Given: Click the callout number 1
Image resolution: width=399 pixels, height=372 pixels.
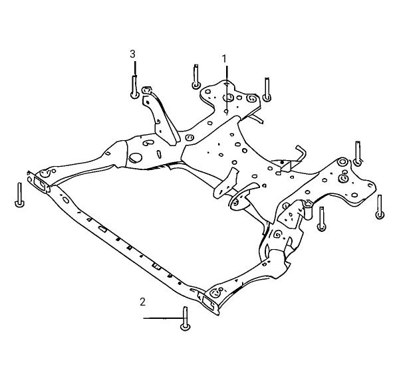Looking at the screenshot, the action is tap(224, 59).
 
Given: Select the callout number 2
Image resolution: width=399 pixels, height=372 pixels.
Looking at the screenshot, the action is tap(142, 302).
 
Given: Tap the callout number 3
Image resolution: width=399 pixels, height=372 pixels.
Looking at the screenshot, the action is tap(132, 54).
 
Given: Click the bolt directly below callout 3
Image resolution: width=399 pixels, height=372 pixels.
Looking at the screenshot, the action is tap(134, 87).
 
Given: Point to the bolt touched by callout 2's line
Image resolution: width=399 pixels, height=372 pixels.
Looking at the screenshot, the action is tap(186, 319).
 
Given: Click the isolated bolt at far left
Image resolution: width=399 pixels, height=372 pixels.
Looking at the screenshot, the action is tap(19, 195).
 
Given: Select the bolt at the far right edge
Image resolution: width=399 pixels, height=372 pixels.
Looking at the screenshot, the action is tap(380, 207).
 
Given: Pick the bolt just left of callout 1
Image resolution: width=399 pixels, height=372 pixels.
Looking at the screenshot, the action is tap(196, 76).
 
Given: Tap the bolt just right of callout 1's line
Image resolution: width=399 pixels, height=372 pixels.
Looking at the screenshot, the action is tap(267, 90).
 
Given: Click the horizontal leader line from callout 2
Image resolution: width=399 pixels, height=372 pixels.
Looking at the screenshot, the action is tap(163, 318).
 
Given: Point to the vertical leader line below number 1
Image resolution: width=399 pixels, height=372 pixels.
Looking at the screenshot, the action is tap(227, 89).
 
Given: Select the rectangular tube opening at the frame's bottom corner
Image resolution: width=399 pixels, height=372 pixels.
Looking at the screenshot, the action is tap(209, 303).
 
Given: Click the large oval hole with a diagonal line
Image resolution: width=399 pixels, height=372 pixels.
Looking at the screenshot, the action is tap(136, 158).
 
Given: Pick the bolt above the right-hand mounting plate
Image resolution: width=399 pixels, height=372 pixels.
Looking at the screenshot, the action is tap(358, 153).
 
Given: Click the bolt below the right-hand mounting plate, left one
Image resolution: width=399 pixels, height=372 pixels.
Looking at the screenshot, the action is tap(322, 219).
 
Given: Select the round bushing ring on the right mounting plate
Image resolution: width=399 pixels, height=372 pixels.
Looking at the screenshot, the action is tap(342, 162).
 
